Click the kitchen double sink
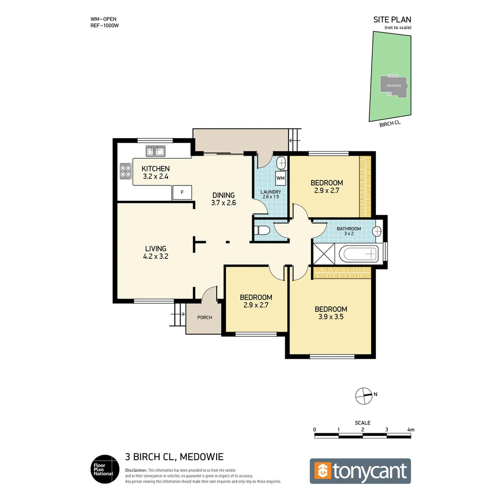tap(156, 151)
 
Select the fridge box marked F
tap(182, 192)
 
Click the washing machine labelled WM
tap(281, 178)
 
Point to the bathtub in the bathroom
tap(359, 254)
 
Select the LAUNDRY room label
tap(270, 192)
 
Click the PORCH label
tap(205, 317)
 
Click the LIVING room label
tap(155, 249)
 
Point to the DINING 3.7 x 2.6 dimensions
tap(224, 203)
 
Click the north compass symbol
tap(364, 395)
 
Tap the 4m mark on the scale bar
tap(411, 430)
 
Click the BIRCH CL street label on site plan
tap(390, 123)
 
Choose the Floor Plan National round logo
tap(103, 469)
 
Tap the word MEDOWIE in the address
tap(201, 457)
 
